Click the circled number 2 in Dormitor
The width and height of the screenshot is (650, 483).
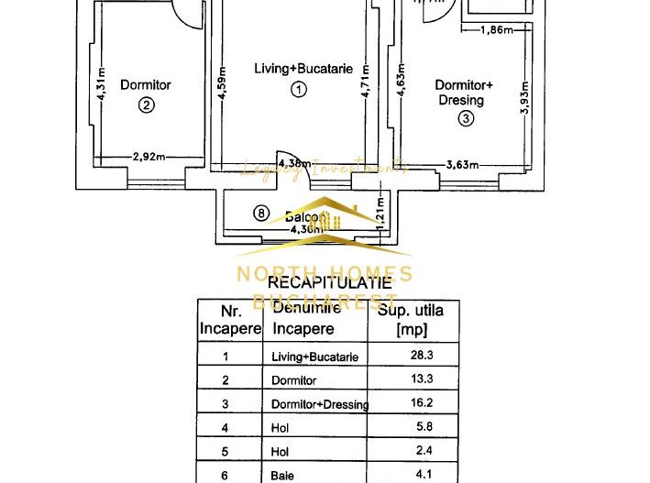pos(146,104)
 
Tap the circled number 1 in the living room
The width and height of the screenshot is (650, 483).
pos(297,89)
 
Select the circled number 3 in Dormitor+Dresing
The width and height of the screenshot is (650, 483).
pos(466,117)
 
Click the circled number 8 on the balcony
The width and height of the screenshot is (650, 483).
pos(261,214)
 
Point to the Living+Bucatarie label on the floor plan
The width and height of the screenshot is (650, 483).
pos(303,69)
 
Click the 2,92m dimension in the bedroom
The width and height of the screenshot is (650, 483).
pos(149,157)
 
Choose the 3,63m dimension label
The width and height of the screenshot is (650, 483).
pos(463,165)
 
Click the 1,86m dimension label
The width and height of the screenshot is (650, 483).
pos(498,30)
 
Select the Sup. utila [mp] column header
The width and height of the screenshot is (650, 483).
pos(411,319)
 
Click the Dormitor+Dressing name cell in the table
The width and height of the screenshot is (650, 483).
pos(320,404)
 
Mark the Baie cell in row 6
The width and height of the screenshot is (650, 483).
pos(281,475)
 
